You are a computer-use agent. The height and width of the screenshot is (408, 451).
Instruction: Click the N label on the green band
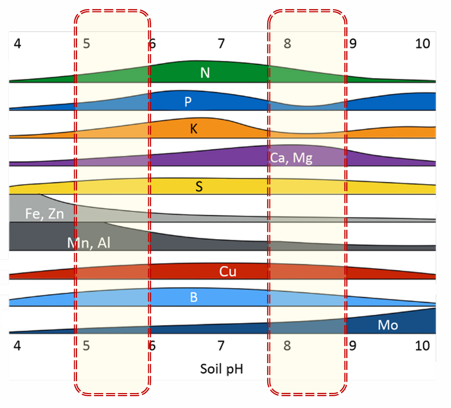click(x=205, y=73)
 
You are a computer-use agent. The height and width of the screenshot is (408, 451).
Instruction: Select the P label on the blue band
click(x=188, y=101)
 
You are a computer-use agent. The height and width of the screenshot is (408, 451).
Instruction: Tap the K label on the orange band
click(x=194, y=129)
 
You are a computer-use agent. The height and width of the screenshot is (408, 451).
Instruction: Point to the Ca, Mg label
click(x=291, y=157)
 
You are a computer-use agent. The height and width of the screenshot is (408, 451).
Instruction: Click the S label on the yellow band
click(x=199, y=186)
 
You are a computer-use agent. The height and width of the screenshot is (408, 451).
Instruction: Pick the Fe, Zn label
click(x=44, y=213)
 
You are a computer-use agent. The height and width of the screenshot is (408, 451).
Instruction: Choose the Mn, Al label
click(x=89, y=243)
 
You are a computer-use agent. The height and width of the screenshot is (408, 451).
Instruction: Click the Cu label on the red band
click(x=228, y=271)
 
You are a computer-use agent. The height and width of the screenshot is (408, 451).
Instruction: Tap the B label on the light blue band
click(x=194, y=298)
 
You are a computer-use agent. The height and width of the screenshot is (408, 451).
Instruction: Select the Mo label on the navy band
click(x=388, y=325)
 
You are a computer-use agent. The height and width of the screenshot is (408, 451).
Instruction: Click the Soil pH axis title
click(x=221, y=369)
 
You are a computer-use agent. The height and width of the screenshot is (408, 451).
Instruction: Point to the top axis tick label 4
click(x=18, y=44)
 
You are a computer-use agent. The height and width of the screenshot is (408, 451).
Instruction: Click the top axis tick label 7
click(x=221, y=44)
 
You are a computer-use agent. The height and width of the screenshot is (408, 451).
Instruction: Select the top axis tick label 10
click(x=423, y=44)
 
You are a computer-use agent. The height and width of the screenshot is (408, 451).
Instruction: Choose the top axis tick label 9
click(x=353, y=44)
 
